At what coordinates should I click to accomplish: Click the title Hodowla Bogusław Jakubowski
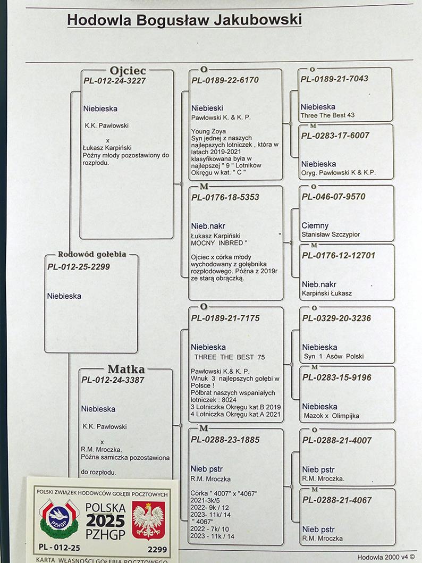(184, 20)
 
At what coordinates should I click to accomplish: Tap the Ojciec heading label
(128, 70)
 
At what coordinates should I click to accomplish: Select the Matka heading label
(126, 369)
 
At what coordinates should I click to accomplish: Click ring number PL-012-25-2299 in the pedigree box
(79, 267)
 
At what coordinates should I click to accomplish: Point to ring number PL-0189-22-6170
(225, 80)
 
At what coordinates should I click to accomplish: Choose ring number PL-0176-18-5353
(225, 197)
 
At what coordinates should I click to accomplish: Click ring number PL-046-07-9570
(333, 197)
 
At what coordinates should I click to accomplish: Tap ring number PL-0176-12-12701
(339, 256)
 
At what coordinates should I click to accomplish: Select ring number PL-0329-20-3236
(336, 318)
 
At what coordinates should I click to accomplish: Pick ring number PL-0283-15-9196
(336, 377)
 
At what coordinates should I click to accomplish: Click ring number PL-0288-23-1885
(225, 440)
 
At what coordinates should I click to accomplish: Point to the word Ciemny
(315, 226)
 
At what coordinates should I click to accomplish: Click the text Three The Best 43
(327, 115)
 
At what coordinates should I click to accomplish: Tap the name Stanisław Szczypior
(331, 234)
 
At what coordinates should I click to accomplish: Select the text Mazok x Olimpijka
(331, 416)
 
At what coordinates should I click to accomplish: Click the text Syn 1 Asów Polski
(334, 357)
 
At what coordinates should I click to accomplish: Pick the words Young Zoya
(206, 131)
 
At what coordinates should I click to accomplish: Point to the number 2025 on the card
(105, 521)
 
